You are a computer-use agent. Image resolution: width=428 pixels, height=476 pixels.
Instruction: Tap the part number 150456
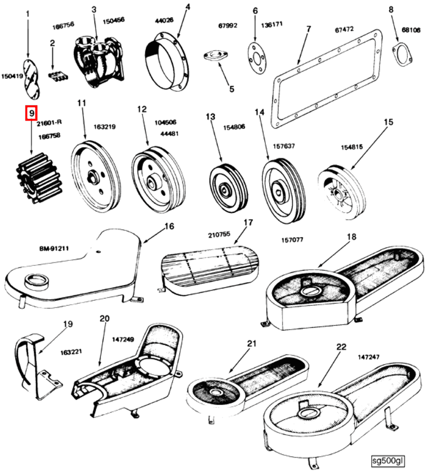(113, 20)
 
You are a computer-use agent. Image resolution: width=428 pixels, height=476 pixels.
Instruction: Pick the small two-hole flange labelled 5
(214, 57)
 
